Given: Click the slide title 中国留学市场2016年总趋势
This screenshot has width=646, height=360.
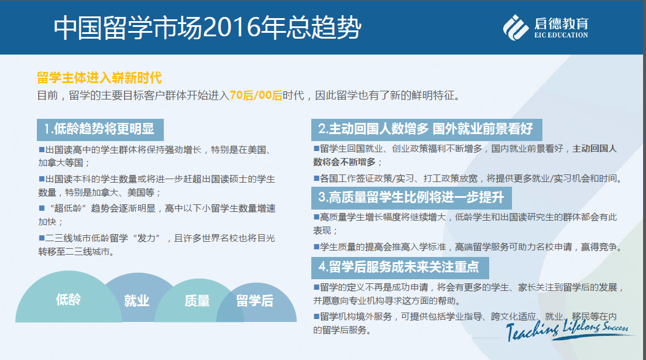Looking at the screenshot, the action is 207,28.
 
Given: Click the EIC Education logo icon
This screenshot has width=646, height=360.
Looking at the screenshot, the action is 516,28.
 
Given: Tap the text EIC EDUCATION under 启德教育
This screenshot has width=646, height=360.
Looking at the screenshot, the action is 561,36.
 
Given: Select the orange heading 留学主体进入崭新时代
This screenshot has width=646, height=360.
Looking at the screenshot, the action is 99,77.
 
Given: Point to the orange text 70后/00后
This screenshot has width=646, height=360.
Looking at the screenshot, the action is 256,95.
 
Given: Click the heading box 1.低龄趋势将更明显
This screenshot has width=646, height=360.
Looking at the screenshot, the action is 100,129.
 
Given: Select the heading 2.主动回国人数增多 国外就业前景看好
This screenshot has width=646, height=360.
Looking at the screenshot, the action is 427,129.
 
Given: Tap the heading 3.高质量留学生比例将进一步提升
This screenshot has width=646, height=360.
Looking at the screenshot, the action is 411,198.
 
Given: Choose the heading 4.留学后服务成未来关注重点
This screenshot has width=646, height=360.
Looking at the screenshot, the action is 400,268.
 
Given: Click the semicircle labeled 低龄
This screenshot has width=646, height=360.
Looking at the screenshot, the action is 68,299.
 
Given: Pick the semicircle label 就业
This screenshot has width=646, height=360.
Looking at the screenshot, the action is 137,301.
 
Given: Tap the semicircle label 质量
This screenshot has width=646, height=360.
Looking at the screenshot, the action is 197,301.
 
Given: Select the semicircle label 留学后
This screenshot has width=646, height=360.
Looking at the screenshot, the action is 255,301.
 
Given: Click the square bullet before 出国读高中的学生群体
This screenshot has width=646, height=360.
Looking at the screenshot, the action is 42,150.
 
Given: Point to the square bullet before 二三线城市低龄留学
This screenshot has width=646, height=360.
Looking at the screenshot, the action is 42,238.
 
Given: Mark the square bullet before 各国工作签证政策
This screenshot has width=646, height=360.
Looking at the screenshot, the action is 317,178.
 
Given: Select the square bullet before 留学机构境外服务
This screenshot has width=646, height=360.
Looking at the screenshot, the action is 317,316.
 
